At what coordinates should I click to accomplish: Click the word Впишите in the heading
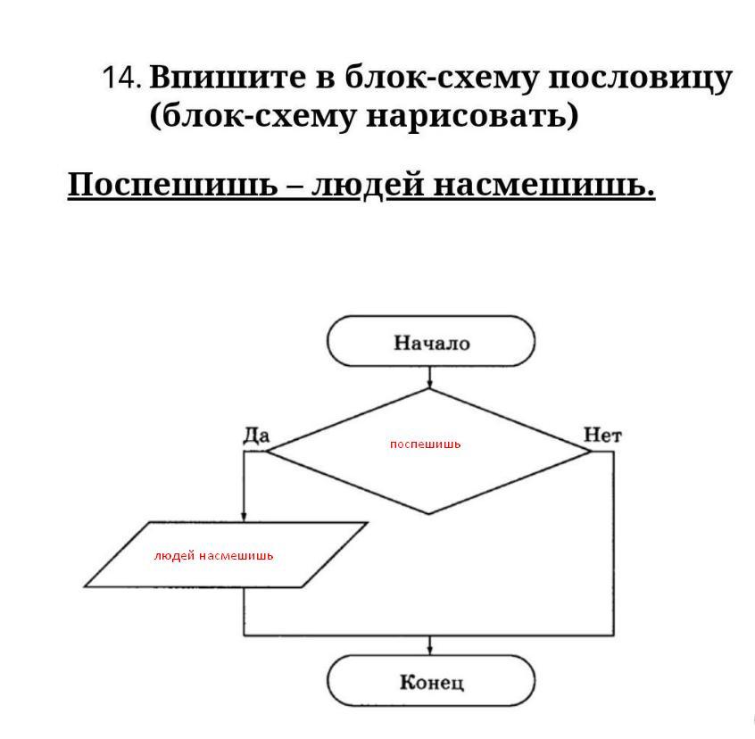tap(228, 77)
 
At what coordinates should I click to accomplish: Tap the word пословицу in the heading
tap(640, 79)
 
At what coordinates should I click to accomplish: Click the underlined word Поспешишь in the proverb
tap(172, 185)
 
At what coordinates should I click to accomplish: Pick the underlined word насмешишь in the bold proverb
tap(544, 186)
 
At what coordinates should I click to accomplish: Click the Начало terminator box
tap(431, 341)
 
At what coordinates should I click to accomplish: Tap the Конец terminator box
tap(431, 681)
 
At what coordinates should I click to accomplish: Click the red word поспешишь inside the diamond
tap(425, 444)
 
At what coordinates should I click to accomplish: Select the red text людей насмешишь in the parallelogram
tap(213, 556)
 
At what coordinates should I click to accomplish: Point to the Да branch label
tap(256, 436)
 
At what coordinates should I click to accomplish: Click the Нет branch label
tap(602, 436)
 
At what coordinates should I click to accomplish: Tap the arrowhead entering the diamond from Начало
tap(429, 384)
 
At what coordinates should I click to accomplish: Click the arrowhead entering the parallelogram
tap(244, 517)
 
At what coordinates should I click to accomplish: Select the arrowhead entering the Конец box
tap(430, 650)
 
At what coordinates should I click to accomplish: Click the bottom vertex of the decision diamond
tap(428, 514)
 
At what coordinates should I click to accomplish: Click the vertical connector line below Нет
tap(614, 544)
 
